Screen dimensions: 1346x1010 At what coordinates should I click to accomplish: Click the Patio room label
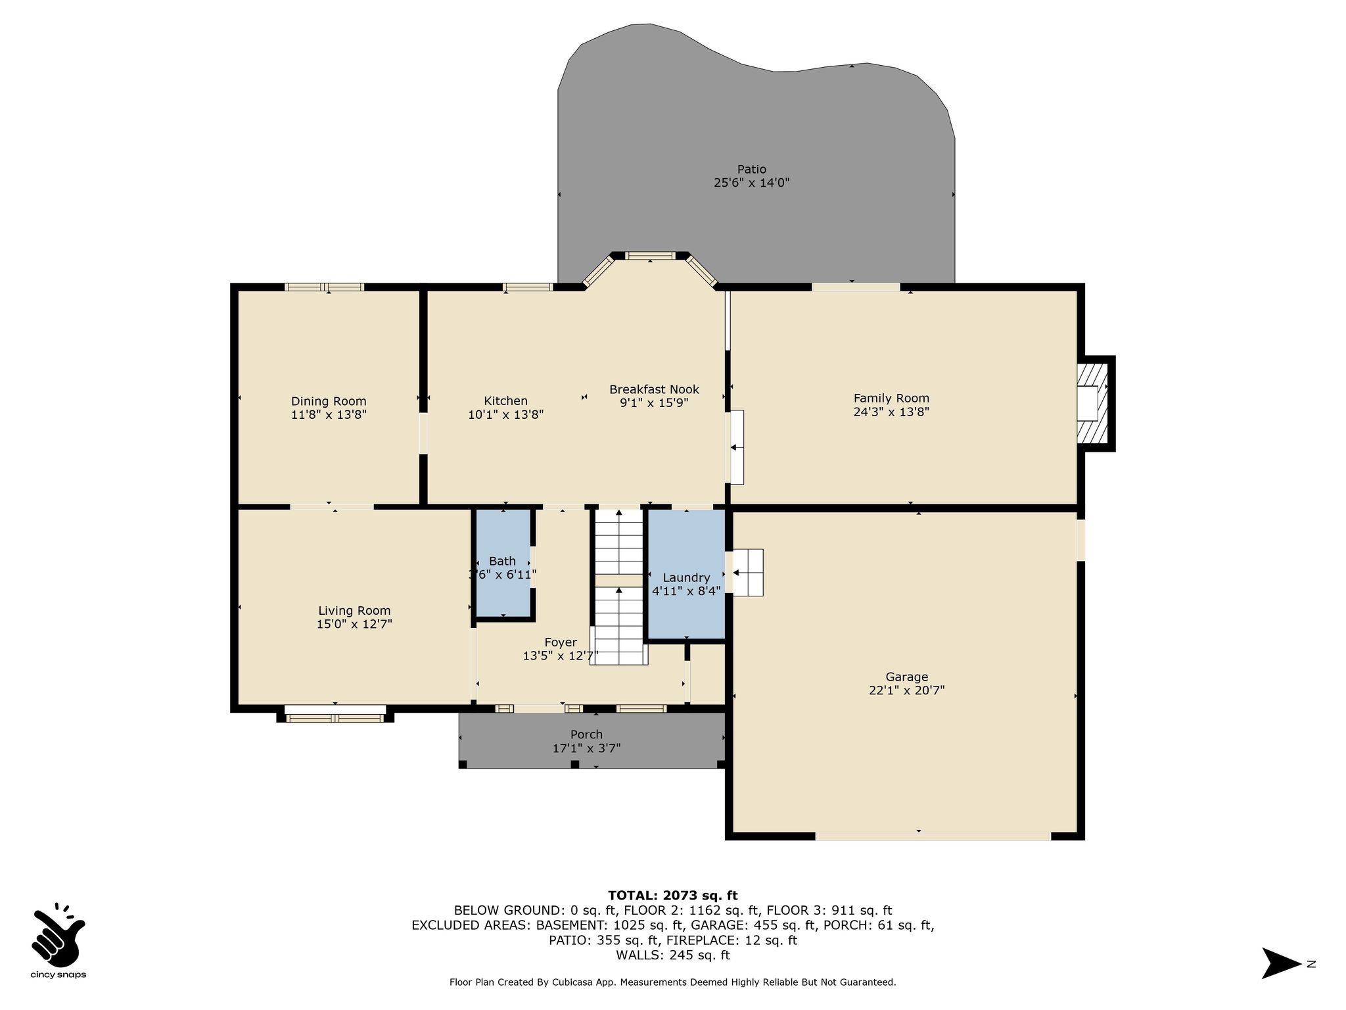pyautogui.click(x=751, y=169)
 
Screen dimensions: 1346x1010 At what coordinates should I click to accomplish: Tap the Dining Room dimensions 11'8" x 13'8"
pyautogui.click(x=329, y=415)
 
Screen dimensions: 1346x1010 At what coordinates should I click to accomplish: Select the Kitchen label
pyautogui.click(x=505, y=401)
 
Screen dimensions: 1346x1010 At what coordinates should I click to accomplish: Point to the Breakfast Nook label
pyautogui.click(x=654, y=389)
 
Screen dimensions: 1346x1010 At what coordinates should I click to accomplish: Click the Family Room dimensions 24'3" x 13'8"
pyautogui.click(x=891, y=412)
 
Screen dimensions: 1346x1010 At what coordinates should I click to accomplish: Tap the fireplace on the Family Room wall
pyautogui.click(x=1094, y=403)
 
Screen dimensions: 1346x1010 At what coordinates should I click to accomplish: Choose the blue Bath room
pyautogui.click(x=503, y=563)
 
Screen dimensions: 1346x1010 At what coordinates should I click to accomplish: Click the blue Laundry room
pyautogui.click(x=686, y=574)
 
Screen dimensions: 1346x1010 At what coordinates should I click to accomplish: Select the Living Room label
pyautogui.click(x=354, y=611)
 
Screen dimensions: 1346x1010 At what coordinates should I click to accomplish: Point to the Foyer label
pyautogui.click(x=561, y=642)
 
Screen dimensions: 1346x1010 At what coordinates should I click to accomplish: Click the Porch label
pyautogui.click(x=586, y=734)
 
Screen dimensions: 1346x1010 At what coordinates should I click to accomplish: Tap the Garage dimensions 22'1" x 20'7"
pyautogui.click(x=906, y=690)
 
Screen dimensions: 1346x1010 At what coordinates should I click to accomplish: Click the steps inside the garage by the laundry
pyautogui.click(x=748, y=572)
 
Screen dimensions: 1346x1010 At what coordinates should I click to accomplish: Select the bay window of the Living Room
pyautogui.click(x=335, y=715)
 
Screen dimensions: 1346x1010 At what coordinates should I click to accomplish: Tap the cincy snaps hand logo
pyautogui.click(x=58, y=933)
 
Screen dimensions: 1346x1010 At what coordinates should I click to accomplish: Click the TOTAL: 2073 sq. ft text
pyautogui.click(x=673, y=896)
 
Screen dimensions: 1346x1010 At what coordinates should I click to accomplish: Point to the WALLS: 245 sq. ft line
pyautogui.click(x=673, y=955)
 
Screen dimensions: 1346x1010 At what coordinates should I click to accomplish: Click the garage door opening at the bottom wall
pyautogui.click(x=933, y=836)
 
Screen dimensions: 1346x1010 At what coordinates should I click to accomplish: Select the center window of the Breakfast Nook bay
pyautogui.click(x=650, y=256)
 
